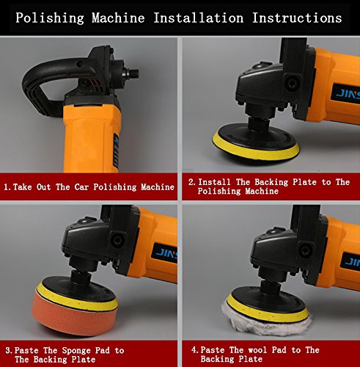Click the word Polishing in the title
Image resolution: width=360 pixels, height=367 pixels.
pyautogui.click(x=50, y=18)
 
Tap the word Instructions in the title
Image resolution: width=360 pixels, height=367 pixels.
pyautogui.click(x=297, y=18)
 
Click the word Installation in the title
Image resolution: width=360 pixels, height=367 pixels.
pyautogui.click(x=198, y=18)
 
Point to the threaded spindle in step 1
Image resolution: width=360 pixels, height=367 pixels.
pyautogui.click(x=132, y=73)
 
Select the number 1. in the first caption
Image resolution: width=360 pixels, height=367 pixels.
pyautogui.click(x=7, y=187)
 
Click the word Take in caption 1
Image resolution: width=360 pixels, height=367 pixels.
pyautogui.click(x=23, y=187)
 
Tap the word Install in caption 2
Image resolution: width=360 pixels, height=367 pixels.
pyautogui.click(x=214, y=182)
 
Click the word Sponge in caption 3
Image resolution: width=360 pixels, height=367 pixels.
pyautogui.click(x=76, y=351)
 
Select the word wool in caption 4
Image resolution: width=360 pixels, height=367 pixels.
pyautogui.click(x=257, y=350)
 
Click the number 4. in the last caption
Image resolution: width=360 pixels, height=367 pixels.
pyautogui.click(x=195, y=350)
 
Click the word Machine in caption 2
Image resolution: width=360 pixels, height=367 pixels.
pyautogui.click(x=262, y=191)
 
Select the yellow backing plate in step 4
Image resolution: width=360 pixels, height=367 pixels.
pyautogui.click(x=268, y=308)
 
